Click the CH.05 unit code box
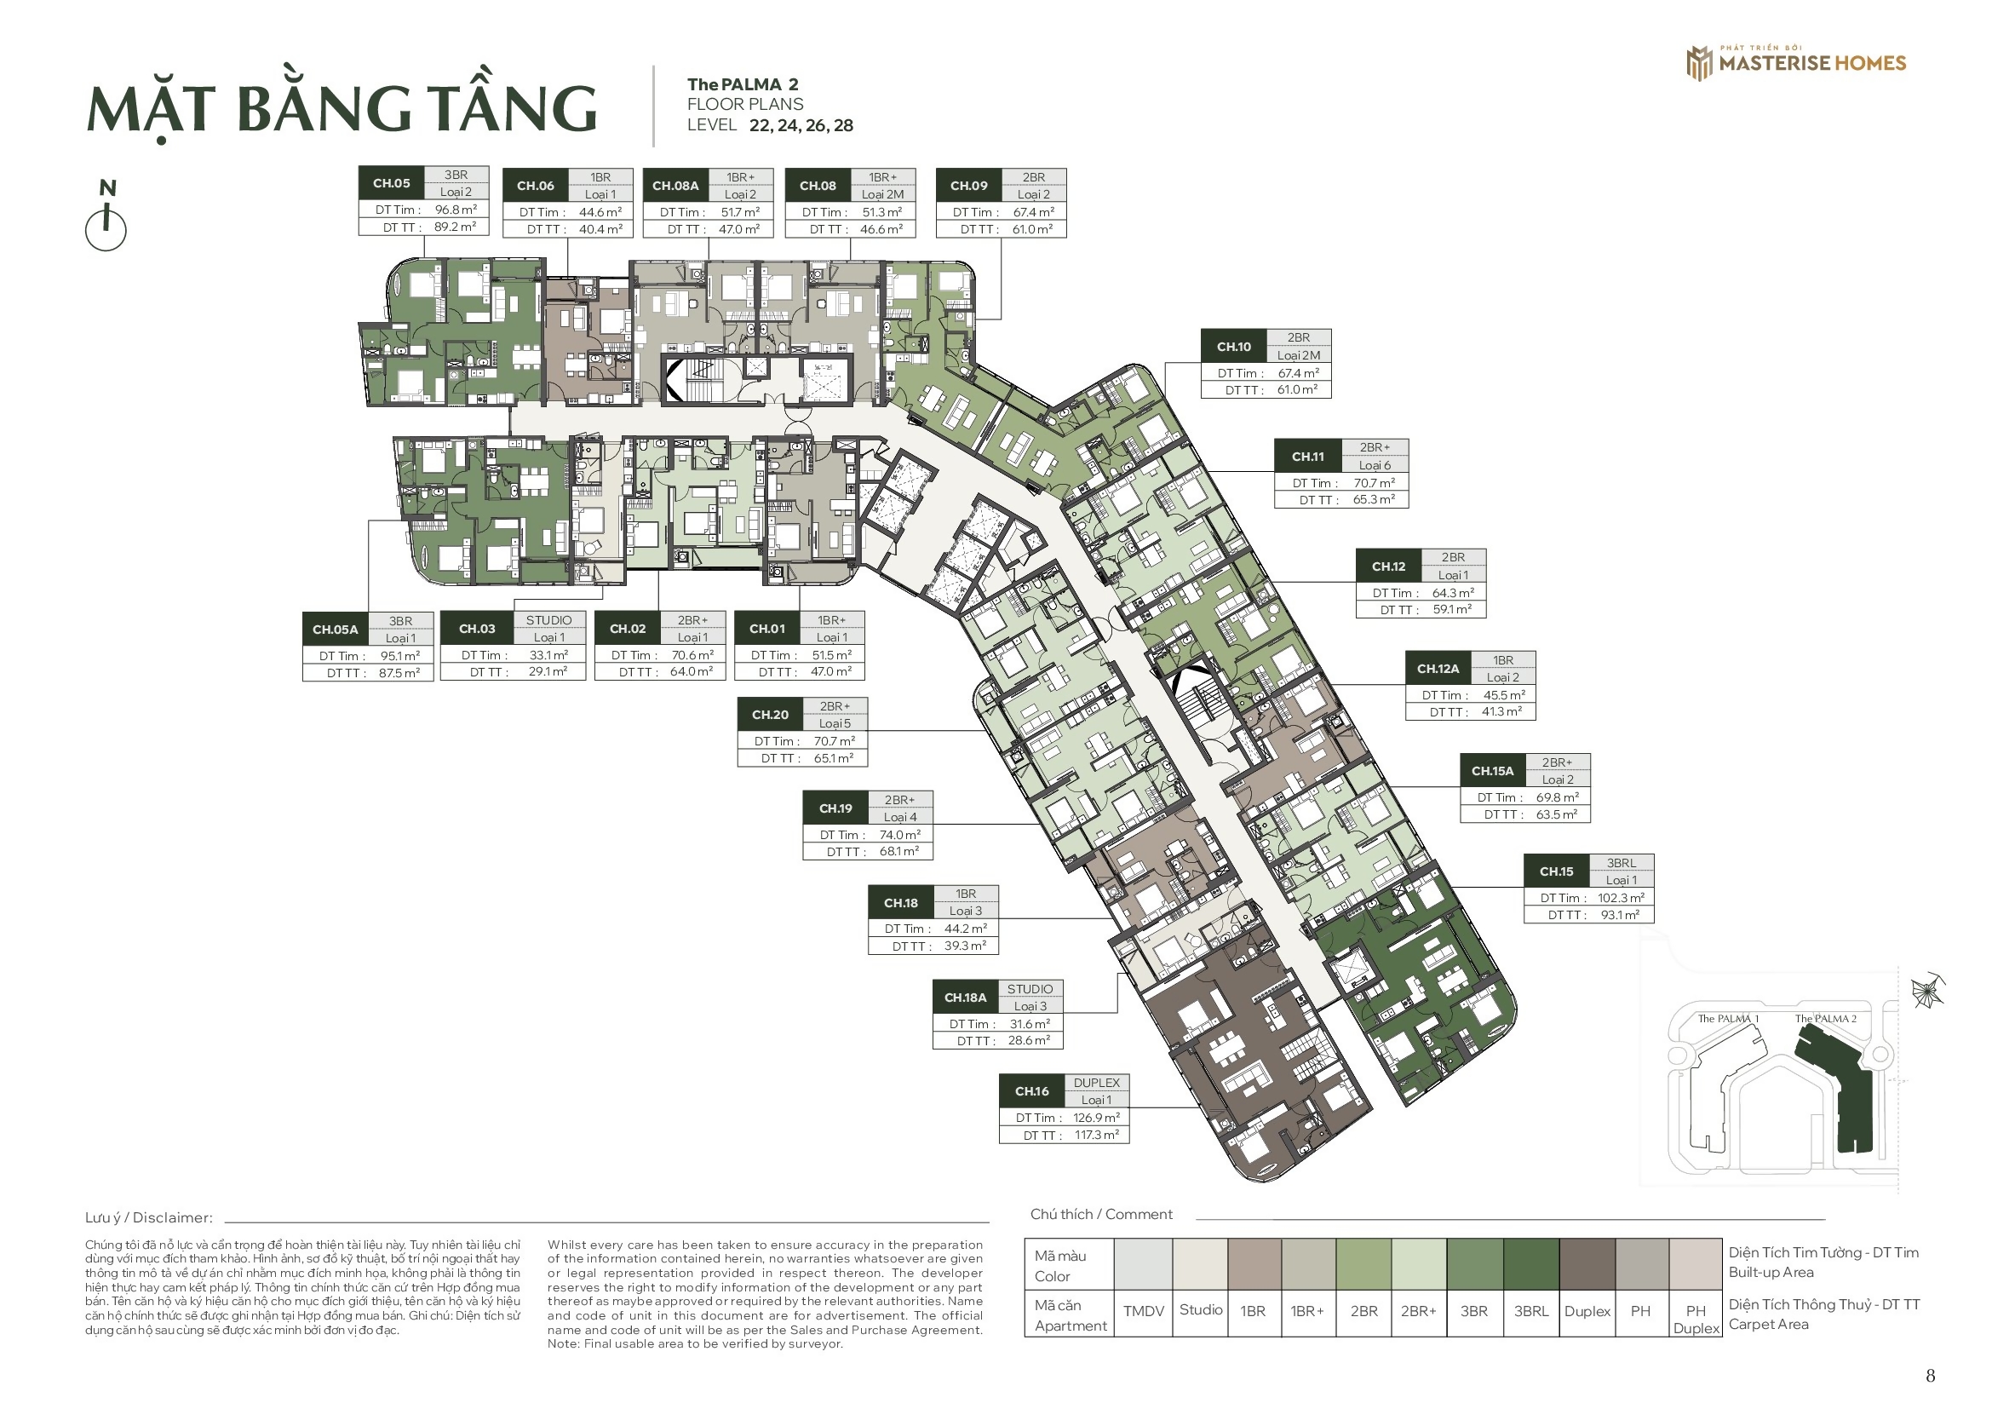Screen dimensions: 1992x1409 pos(391,183)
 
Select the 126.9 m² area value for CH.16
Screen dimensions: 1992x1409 pos(1097,1118)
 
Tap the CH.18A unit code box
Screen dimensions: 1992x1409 pos(965,998)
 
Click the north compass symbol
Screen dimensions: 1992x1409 pos(106,216)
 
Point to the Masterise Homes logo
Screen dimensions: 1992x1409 pos(1796,62)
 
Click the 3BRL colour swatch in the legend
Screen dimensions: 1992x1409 pos(1531,1264)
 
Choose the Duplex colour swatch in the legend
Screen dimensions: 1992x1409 pos(1587,1264)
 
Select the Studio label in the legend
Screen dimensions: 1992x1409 pos(1201,1309)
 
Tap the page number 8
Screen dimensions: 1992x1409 pos(1931,1376)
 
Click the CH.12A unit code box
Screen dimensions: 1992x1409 pos(1438,669)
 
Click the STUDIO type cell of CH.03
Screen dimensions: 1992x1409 pos(549,620)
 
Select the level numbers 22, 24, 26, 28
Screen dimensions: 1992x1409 pos(801,126)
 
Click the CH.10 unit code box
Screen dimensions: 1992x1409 pos(1234,347)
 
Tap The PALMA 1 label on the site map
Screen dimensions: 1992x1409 pos(1728,1019)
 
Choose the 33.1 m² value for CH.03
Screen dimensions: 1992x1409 pos(549,655)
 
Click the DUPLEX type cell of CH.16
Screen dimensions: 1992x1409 pos(1097,1083)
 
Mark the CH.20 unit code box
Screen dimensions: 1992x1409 pos(771,715)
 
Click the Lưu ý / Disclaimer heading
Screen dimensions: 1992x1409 pos(148,1218)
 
